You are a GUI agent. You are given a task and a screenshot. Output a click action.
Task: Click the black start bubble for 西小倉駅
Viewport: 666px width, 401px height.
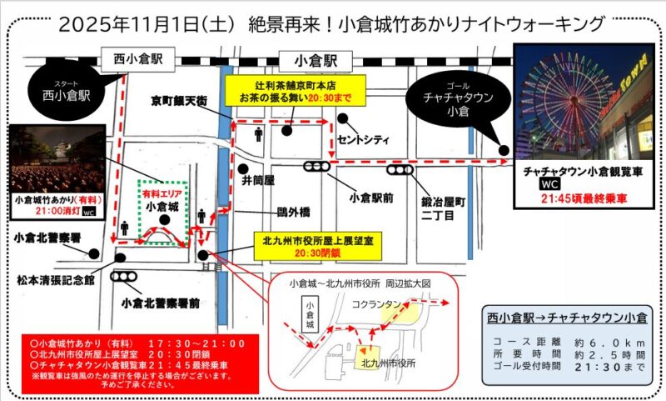(x=64, y=92)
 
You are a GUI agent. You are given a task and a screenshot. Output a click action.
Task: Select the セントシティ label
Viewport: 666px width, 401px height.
(x=364, y=139)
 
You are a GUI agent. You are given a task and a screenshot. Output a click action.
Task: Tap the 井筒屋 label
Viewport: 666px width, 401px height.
(x=258, y=179)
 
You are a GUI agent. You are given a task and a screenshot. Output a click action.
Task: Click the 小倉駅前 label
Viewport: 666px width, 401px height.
(x=371, y=198)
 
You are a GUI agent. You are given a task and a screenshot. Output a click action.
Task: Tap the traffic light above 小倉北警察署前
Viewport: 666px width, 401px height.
(x=126, y=277)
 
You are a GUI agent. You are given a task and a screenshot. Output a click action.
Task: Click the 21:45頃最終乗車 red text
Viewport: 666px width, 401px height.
(x=575, y=198)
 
